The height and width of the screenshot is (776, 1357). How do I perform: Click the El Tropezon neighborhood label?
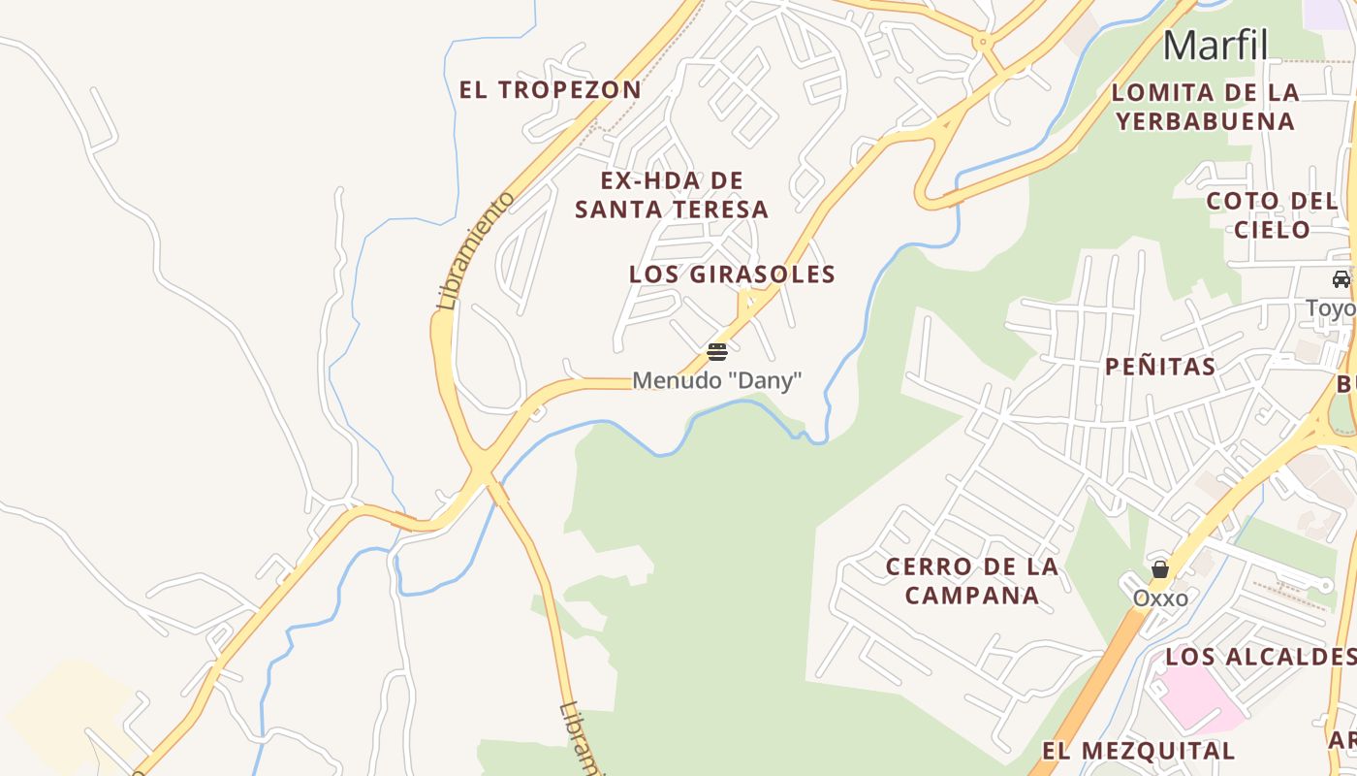(550, 90)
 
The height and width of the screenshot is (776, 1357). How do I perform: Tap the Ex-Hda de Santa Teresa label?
(672, 195)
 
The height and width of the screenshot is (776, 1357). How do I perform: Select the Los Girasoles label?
(732, 275)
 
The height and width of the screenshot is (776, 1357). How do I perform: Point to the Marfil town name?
(1215, 45)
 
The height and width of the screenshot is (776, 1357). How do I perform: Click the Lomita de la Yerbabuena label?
(1205, 107)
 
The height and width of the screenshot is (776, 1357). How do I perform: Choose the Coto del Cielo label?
(1272, 215)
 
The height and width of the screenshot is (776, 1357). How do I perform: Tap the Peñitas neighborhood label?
(1160, 367)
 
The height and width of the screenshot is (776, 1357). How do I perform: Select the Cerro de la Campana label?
(972, 581)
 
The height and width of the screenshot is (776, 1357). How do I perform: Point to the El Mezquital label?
(1138, 751)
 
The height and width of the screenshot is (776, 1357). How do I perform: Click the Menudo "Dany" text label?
(717, 380)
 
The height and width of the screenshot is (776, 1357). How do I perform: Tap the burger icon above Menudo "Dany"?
(717, 351)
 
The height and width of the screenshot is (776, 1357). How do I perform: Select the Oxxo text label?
(1160, 598)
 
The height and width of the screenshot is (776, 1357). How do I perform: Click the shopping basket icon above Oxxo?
(1160, 569)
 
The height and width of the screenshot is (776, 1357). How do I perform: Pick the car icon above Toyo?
(1341, 279)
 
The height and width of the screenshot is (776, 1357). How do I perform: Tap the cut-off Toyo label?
(1331, 309)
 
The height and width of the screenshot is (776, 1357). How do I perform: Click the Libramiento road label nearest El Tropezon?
(475, 250)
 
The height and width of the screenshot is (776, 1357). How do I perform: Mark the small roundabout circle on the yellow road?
(983, 42)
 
